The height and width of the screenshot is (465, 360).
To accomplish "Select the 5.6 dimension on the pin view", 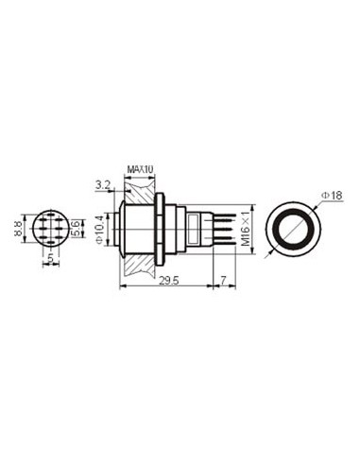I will click(76, 229).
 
